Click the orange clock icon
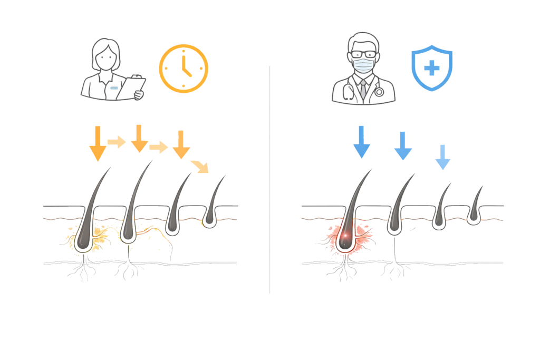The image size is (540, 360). tap(184, 69)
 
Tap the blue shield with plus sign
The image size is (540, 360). tap(431, 69)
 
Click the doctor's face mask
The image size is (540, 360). tap(363, 66)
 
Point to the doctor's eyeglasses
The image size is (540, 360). tap(363, 54)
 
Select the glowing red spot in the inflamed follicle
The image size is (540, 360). tap(346, 238)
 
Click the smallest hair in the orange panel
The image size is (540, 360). tap(212, 203)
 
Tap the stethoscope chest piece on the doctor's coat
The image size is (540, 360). tap(379, 91)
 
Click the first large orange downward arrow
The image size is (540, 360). tap(98, 143)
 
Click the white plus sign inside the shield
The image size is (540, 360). tap(431, 69)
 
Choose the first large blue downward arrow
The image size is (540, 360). tap(362, 142)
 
